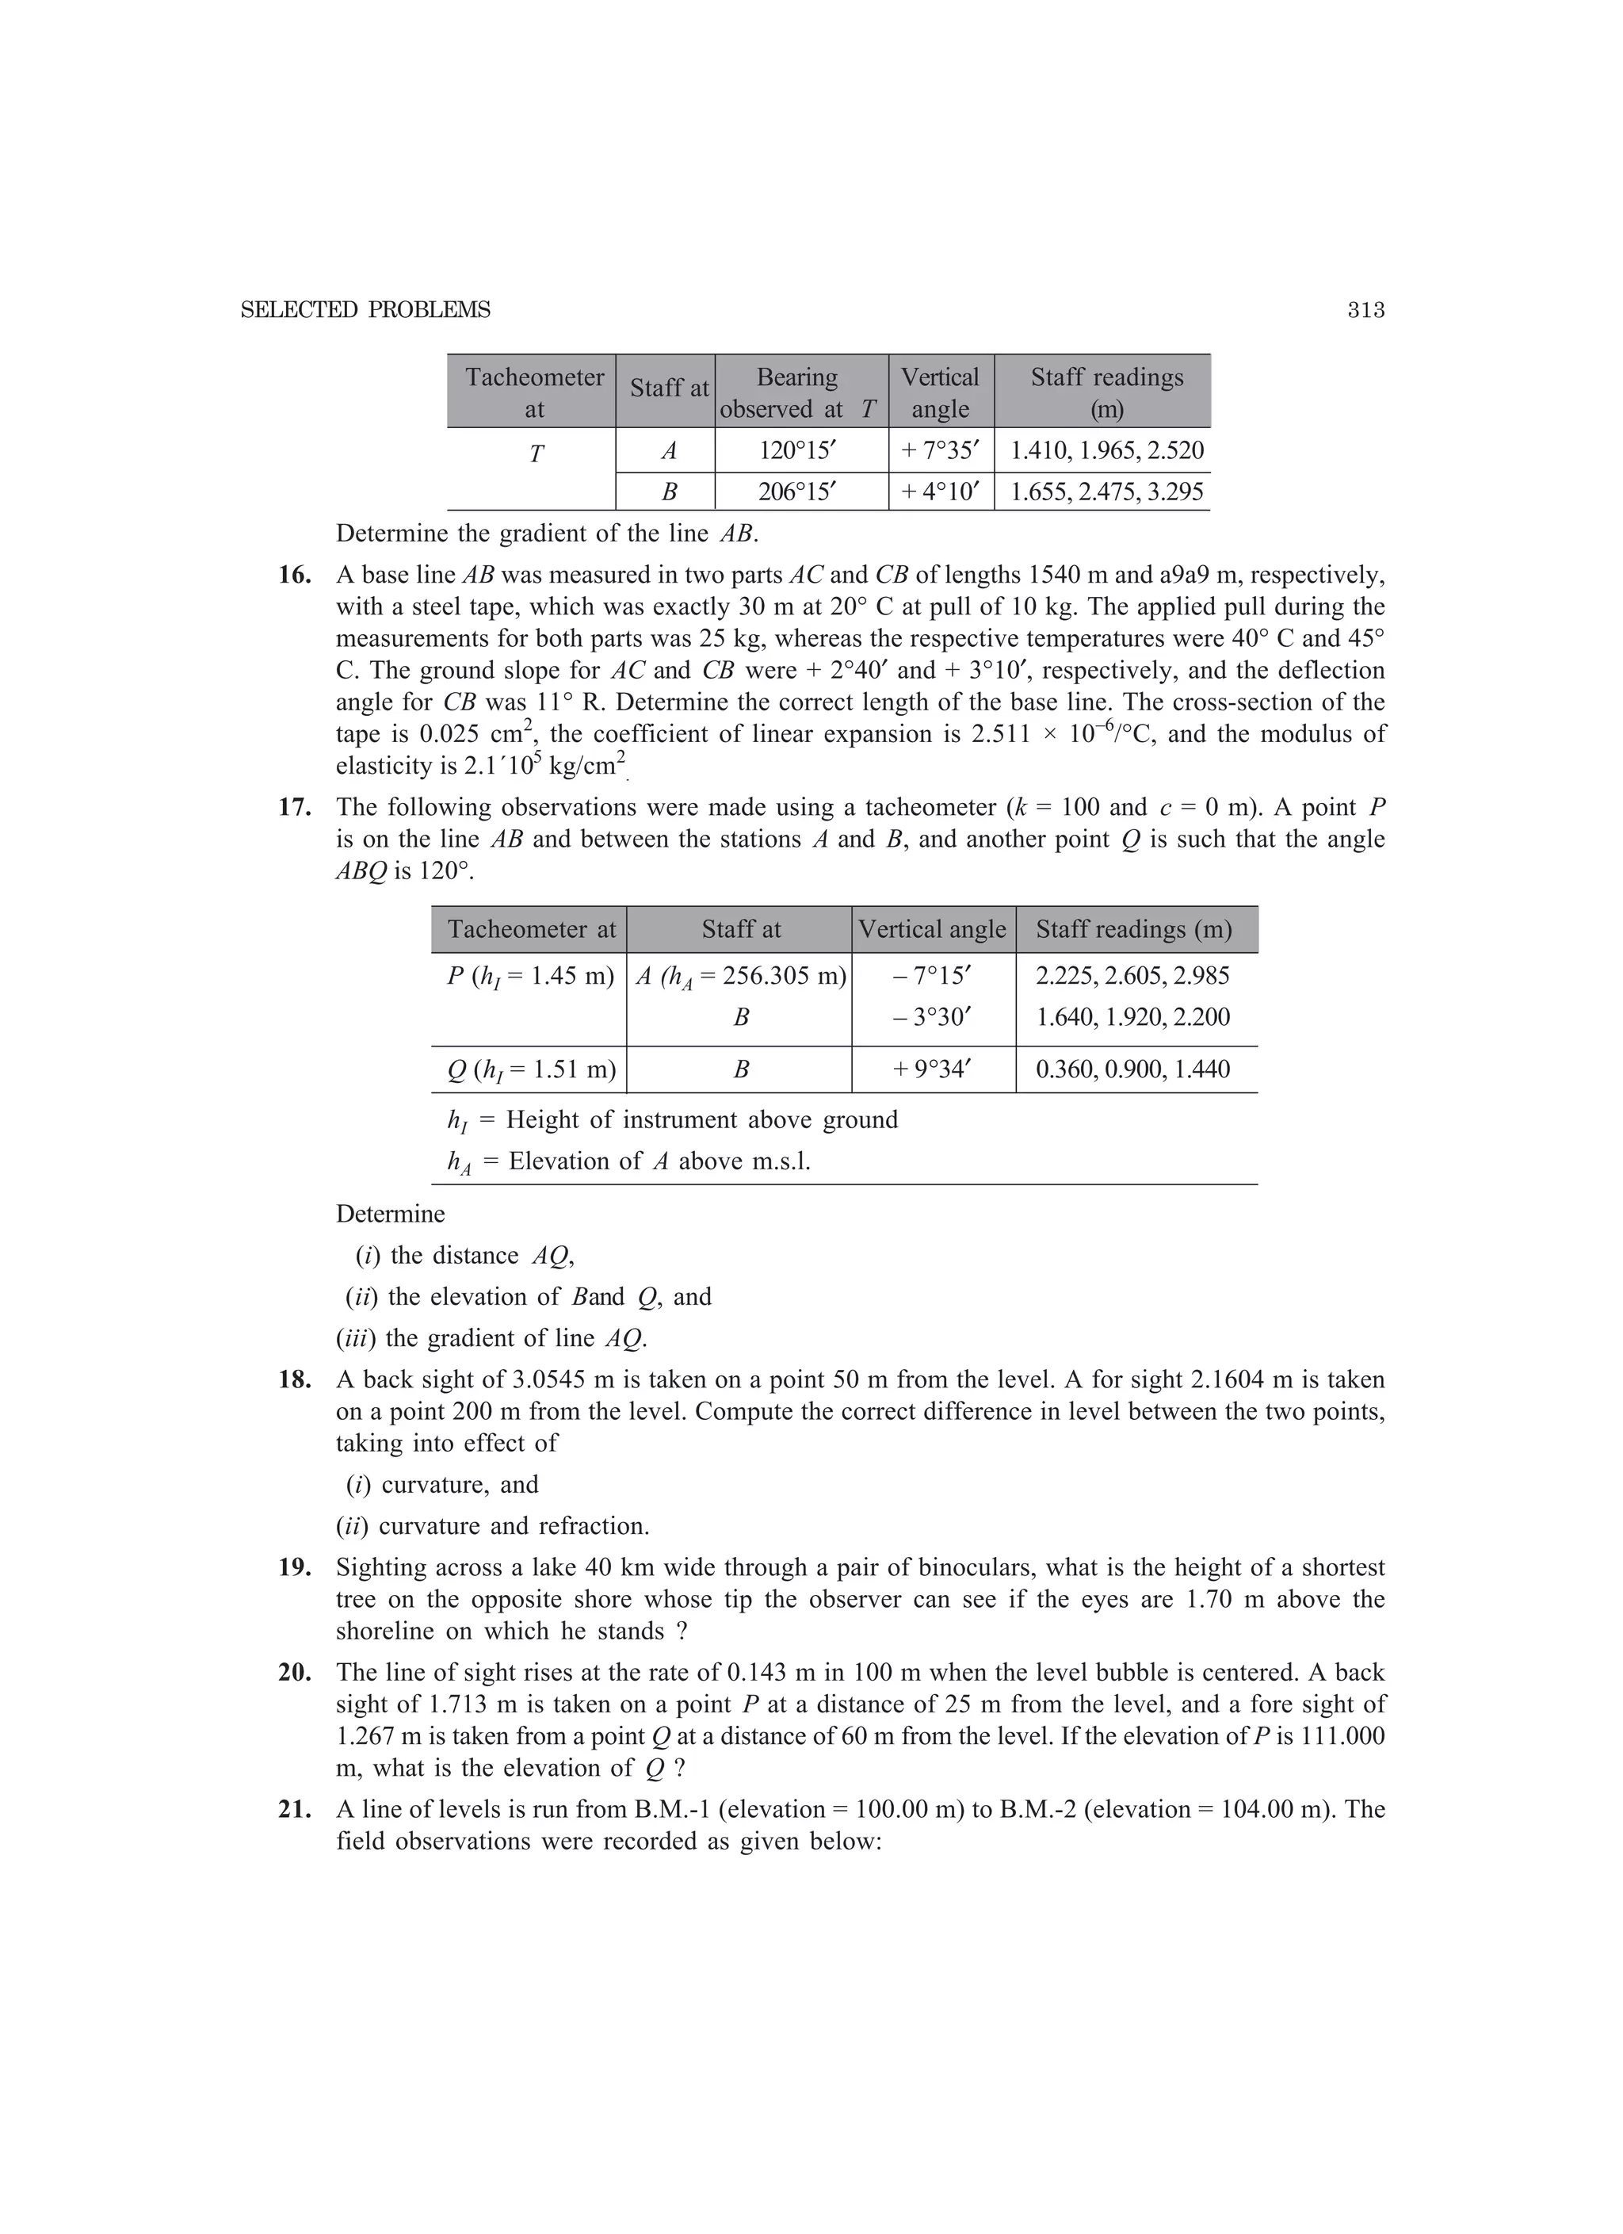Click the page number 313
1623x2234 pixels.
(x=1366, y=310)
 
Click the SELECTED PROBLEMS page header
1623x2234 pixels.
(x=365, y=310)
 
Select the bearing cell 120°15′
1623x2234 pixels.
(x=798, y=451)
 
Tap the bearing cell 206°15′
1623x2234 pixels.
(x=798, y=492)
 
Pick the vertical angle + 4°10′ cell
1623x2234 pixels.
(x=941, y=492)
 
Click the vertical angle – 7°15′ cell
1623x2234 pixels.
(x=932, y=976)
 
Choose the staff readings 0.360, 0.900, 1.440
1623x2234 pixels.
(x=1132, y=1069)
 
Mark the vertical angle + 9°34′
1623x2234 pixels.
(x=932, y=1069)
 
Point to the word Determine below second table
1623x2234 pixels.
(x=390, y=1214)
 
